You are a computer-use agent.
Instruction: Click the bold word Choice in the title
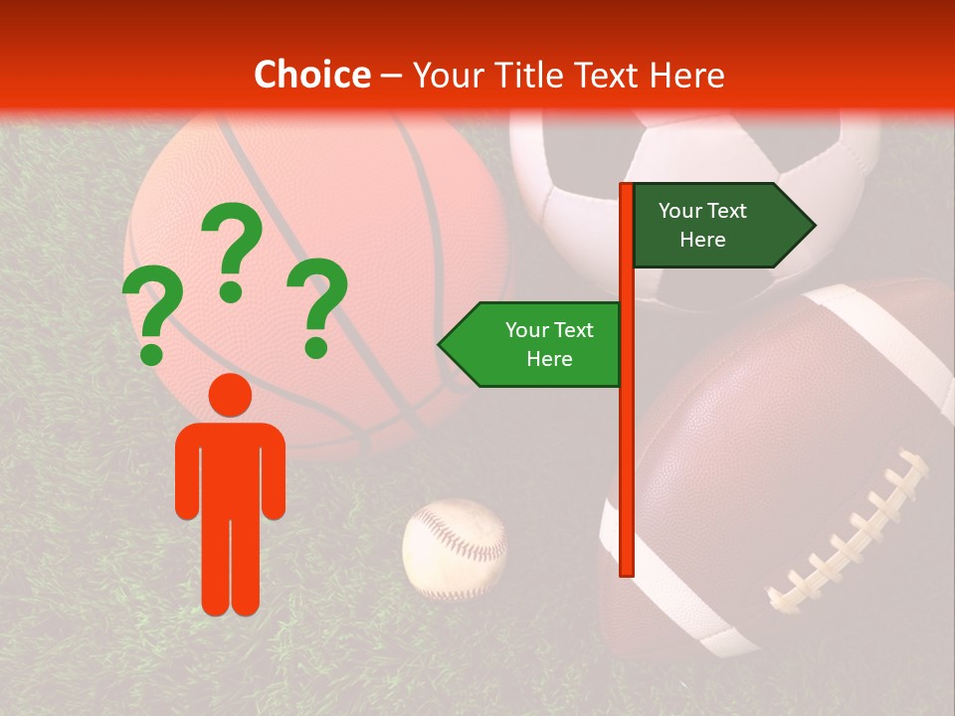pyautogui.click(x=311, y=75)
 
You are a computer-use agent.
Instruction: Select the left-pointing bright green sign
pyautogui.click(x=537, y=344)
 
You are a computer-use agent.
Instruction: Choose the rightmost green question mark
pyautogui.click(x=317, y=298)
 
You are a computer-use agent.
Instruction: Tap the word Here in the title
pyautogui.click(x=686, y=75)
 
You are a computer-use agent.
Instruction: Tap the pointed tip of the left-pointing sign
pyautogui.click(x=441, y=345)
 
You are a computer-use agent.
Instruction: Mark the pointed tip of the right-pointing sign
pyautogui.click(x=813, y=226)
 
